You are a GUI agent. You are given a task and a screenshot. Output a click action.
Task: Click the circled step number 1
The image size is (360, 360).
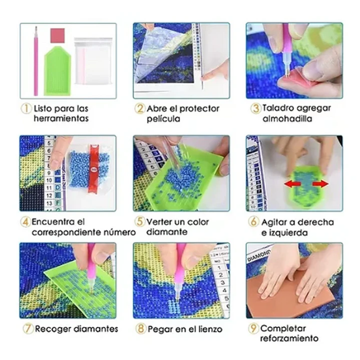(x=26, y=108)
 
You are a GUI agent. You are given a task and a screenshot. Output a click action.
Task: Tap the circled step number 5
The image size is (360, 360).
(x=140, y=221)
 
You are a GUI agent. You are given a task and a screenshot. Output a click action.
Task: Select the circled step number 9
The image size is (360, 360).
(x=253, y=328)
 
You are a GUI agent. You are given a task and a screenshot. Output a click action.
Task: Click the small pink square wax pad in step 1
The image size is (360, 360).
(x=58, y=36)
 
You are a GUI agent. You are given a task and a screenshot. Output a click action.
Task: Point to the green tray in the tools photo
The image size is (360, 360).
(x=58, y=71)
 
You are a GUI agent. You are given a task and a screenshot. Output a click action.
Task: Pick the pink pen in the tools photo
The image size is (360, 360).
(x=36, y=61)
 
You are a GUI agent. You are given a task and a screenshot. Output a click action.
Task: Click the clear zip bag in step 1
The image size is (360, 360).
(x=93, y=61)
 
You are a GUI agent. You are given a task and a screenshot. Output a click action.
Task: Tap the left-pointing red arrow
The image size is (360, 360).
(x=292, y=184)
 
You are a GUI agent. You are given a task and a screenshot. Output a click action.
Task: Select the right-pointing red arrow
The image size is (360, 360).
(x=320, y=184)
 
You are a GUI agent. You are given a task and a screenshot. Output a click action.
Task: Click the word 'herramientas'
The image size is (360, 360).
(x=61, y=119)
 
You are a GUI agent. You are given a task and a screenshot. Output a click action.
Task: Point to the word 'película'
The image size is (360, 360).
(x=163, y=119)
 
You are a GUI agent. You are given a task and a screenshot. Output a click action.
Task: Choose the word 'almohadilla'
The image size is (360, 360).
(x=287, y=119)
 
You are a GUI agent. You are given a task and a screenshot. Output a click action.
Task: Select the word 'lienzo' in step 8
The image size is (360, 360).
(x=210, y=329)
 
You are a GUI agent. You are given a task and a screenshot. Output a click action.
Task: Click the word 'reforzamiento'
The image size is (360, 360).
(x=289, y=338)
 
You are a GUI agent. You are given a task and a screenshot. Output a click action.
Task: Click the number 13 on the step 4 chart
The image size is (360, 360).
(x=50, y=203)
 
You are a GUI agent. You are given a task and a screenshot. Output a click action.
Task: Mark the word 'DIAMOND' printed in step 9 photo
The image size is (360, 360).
(x=258, y=255)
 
